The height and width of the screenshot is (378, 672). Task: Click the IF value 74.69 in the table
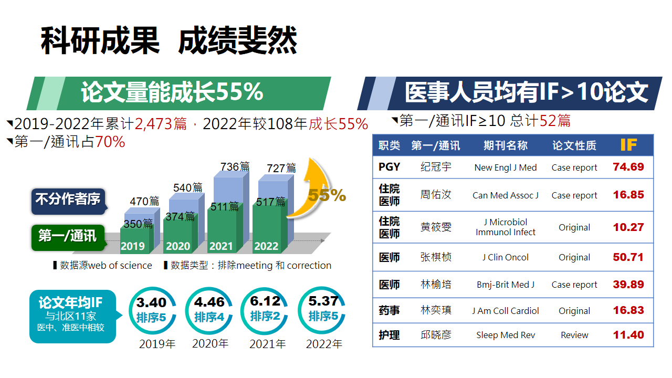[628, 167]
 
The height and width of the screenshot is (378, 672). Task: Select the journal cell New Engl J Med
[505, 168]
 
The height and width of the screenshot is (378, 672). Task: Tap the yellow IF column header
[628, 145]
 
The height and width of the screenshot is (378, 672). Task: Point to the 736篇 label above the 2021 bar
[235, 167]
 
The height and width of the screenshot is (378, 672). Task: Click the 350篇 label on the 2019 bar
[138, 224]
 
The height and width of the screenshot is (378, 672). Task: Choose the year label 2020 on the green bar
[178, 246]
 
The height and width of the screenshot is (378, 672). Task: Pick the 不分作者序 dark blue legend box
[68, 200]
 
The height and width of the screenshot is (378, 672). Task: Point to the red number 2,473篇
[161, 124]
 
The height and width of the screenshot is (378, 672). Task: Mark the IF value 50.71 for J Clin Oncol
[628, 257]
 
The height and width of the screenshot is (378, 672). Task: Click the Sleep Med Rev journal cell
[505, 335]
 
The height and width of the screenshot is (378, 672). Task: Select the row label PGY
[389, 167]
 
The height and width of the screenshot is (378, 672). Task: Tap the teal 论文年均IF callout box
[72, 316]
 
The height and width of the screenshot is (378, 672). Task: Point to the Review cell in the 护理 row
[574, 335]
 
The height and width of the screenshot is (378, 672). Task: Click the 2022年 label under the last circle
[324, 344]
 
